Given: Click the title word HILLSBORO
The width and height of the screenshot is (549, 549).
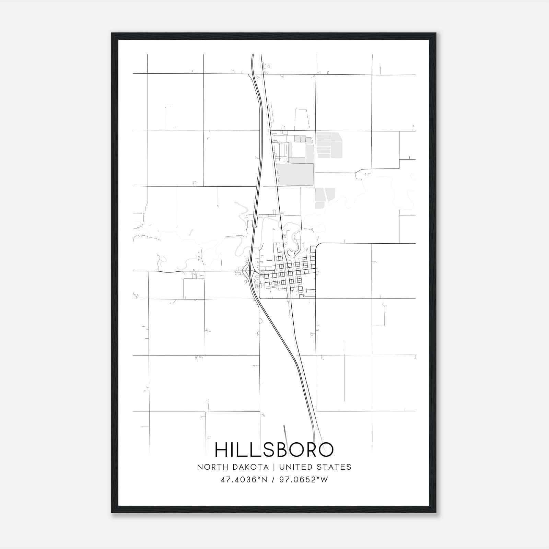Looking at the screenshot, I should (274, 449).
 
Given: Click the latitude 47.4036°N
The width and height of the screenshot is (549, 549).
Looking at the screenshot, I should (244, 480).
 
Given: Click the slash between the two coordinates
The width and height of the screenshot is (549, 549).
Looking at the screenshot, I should (273, 480).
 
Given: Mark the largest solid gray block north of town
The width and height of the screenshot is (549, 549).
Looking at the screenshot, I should (295, 174).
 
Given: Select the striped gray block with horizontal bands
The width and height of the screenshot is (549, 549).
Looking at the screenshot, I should (329, 145).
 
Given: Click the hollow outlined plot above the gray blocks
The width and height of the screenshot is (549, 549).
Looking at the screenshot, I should (302, 119).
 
